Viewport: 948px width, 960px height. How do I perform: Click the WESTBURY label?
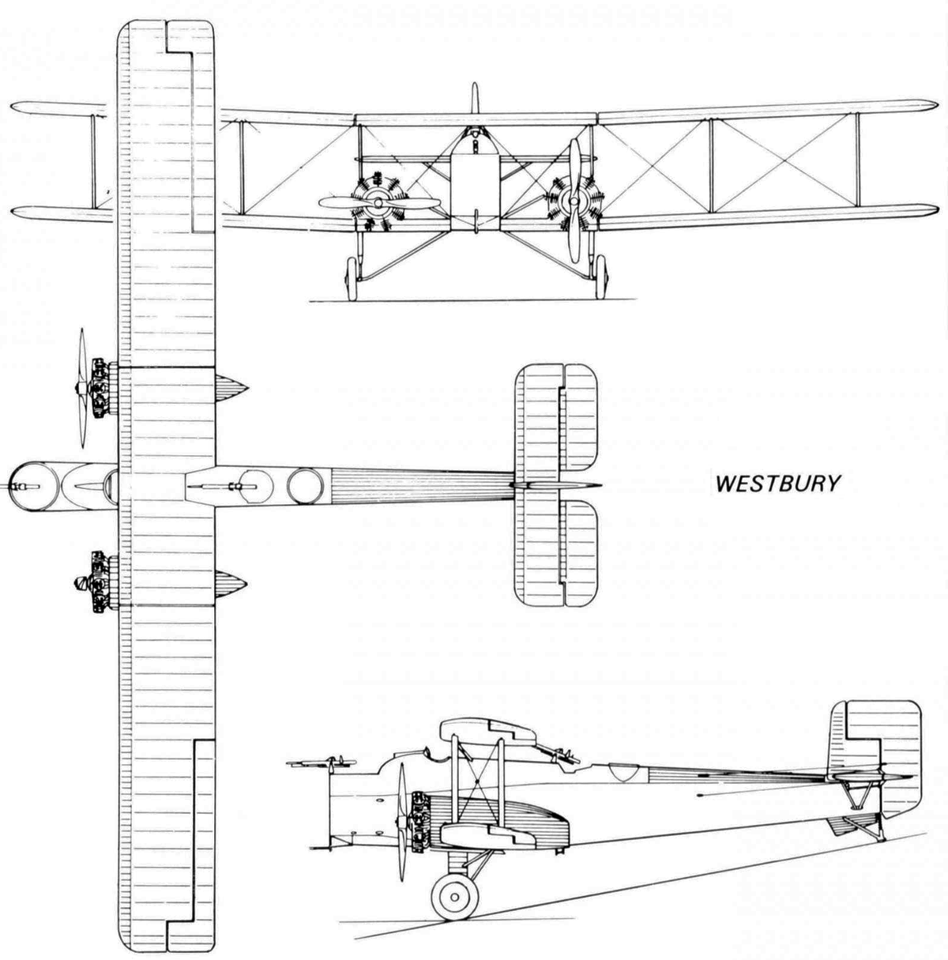(x=778, y=484)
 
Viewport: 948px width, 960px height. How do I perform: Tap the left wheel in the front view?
(x=352, y=278)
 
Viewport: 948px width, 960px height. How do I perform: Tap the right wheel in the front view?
(x=600, y=277)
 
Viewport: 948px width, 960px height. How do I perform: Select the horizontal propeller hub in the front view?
(x=378, y=202)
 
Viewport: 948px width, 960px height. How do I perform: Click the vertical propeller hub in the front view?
(x=574, y=201)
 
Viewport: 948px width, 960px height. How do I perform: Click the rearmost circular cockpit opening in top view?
(x=306, y=486)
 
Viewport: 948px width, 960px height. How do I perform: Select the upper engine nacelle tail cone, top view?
(x=231, y=388)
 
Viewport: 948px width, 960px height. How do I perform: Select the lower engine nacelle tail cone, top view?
(x=231, y=584)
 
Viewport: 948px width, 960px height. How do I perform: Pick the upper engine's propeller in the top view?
(x=82, y=388)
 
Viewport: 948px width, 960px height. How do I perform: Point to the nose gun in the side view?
(x=322, y=763)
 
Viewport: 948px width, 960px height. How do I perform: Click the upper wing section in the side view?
(x=488, y=731)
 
